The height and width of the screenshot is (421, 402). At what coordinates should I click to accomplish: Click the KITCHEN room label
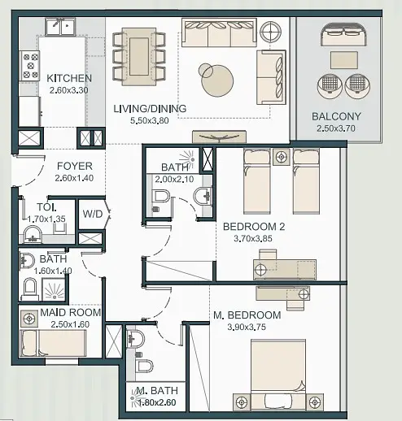click(69, 78)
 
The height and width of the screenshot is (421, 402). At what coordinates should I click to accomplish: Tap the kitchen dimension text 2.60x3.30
click(69, 90)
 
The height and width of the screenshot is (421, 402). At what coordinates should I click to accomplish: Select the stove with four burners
click(30, 66)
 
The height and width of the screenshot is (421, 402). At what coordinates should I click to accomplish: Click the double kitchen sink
click(60, 27)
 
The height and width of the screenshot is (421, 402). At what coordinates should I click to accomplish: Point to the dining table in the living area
click(139, 56)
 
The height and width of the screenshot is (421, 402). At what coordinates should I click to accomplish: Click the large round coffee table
click(217, 80)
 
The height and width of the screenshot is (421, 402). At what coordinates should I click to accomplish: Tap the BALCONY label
click(336, 116)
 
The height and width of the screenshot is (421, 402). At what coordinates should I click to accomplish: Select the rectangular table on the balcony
click(344, 60)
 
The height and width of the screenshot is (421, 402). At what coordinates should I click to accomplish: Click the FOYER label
click(75, 166)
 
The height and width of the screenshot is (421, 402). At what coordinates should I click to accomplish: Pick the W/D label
click(93, 214)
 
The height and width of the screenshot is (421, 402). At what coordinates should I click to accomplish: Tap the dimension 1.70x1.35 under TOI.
click(46, 219)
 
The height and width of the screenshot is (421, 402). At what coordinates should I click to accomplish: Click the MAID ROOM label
click(71, 313)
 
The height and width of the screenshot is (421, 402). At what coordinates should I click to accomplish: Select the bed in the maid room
click(53, 343)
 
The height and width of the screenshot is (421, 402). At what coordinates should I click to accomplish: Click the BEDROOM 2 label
click(254, 227)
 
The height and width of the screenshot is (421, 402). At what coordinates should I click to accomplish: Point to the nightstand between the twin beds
click(282, 157)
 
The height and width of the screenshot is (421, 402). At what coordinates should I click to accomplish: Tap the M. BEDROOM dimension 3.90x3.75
click(247, 327)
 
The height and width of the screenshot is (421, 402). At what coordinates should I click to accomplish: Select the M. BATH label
click(157, 391)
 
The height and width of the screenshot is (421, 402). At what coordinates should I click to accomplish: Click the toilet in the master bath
click(144, 366)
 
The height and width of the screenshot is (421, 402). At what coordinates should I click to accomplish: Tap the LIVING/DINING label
click(150, 109)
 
